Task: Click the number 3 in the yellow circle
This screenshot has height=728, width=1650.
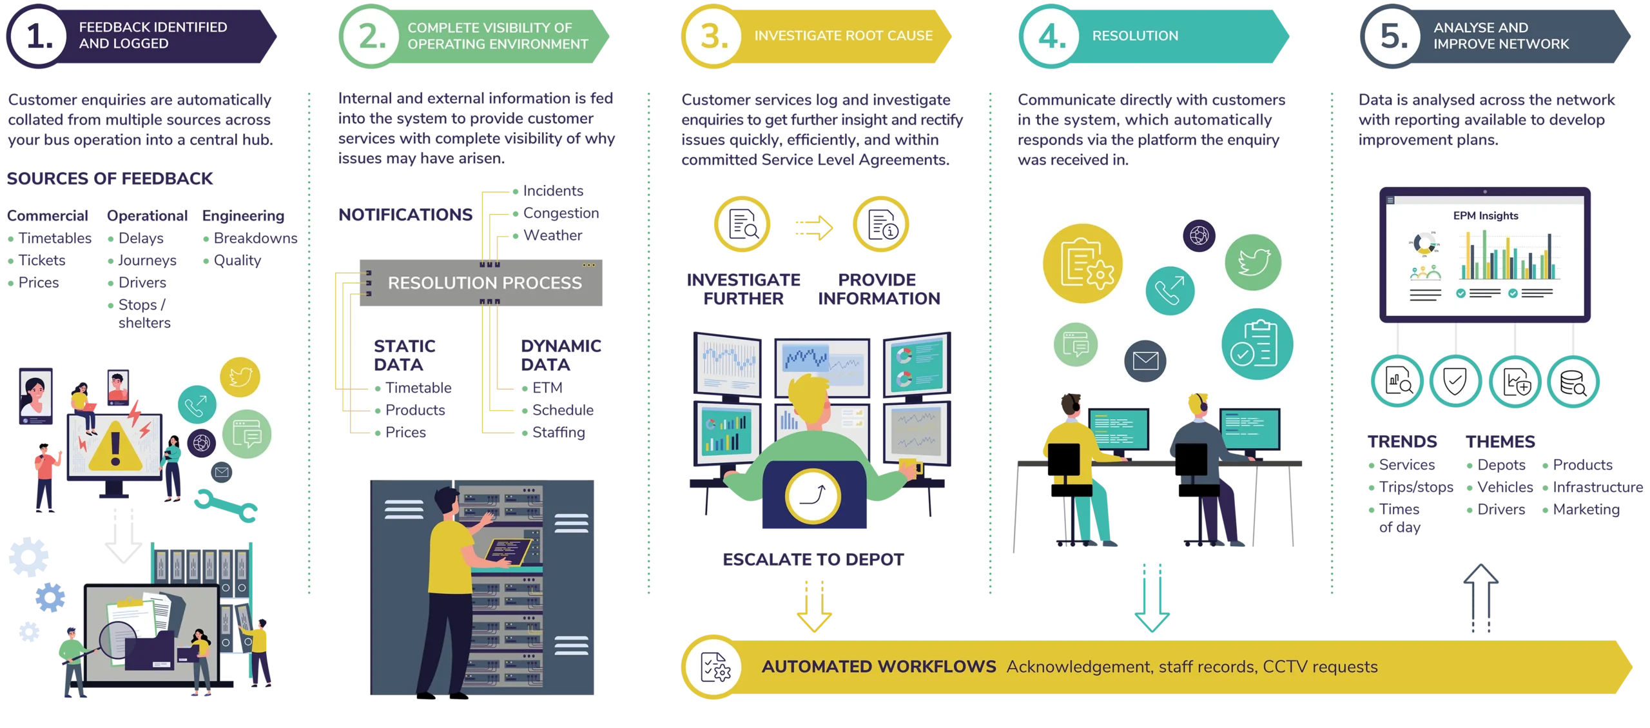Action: pyautogui.click(x=713, y=36)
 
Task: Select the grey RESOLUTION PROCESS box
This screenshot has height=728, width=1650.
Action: pyautogui.click(x=481, y=282)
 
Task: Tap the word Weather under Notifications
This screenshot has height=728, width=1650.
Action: pyautogui.click(x=552, y=235)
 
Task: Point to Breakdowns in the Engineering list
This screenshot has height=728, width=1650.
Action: pyautogui.click(x=255, y=238)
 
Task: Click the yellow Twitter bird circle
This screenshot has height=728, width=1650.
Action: pyautogui.click(x=240, y=377)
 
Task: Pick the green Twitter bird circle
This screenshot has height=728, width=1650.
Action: pyautogui.click(x=1252, y=262)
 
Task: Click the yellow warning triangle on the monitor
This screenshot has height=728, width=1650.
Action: pyautogui.click(x=115, y=446)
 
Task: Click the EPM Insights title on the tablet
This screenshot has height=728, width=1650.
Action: pyautogui.click(x=1485, y=215)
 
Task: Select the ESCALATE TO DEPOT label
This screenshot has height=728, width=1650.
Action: pyautogui.click(x=813, y=559)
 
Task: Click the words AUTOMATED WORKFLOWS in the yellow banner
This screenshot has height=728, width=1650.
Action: pyautogui.click(x=878, y=666)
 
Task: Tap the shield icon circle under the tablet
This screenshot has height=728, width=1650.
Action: pyautogui.click(x=1455, y=381)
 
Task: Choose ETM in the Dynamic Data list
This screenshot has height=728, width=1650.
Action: pyautogui.click(x=547, y=388)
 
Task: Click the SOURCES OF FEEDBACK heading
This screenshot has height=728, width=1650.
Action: pyautogui.click(x=110, y=178)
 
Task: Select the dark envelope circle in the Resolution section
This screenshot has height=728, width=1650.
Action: pyautogui.click(x=1145, y=360)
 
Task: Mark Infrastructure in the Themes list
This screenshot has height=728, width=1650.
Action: pyautogui.click(x=1597, y=487)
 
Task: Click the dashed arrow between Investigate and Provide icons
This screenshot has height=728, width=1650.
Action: pyautogui.click(x=814, y=228)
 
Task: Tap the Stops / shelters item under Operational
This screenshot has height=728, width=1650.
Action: pyautogui.click(x=144, y=313)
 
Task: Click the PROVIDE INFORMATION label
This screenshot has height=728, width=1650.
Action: pyautogui.click(x=878, y=289)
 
